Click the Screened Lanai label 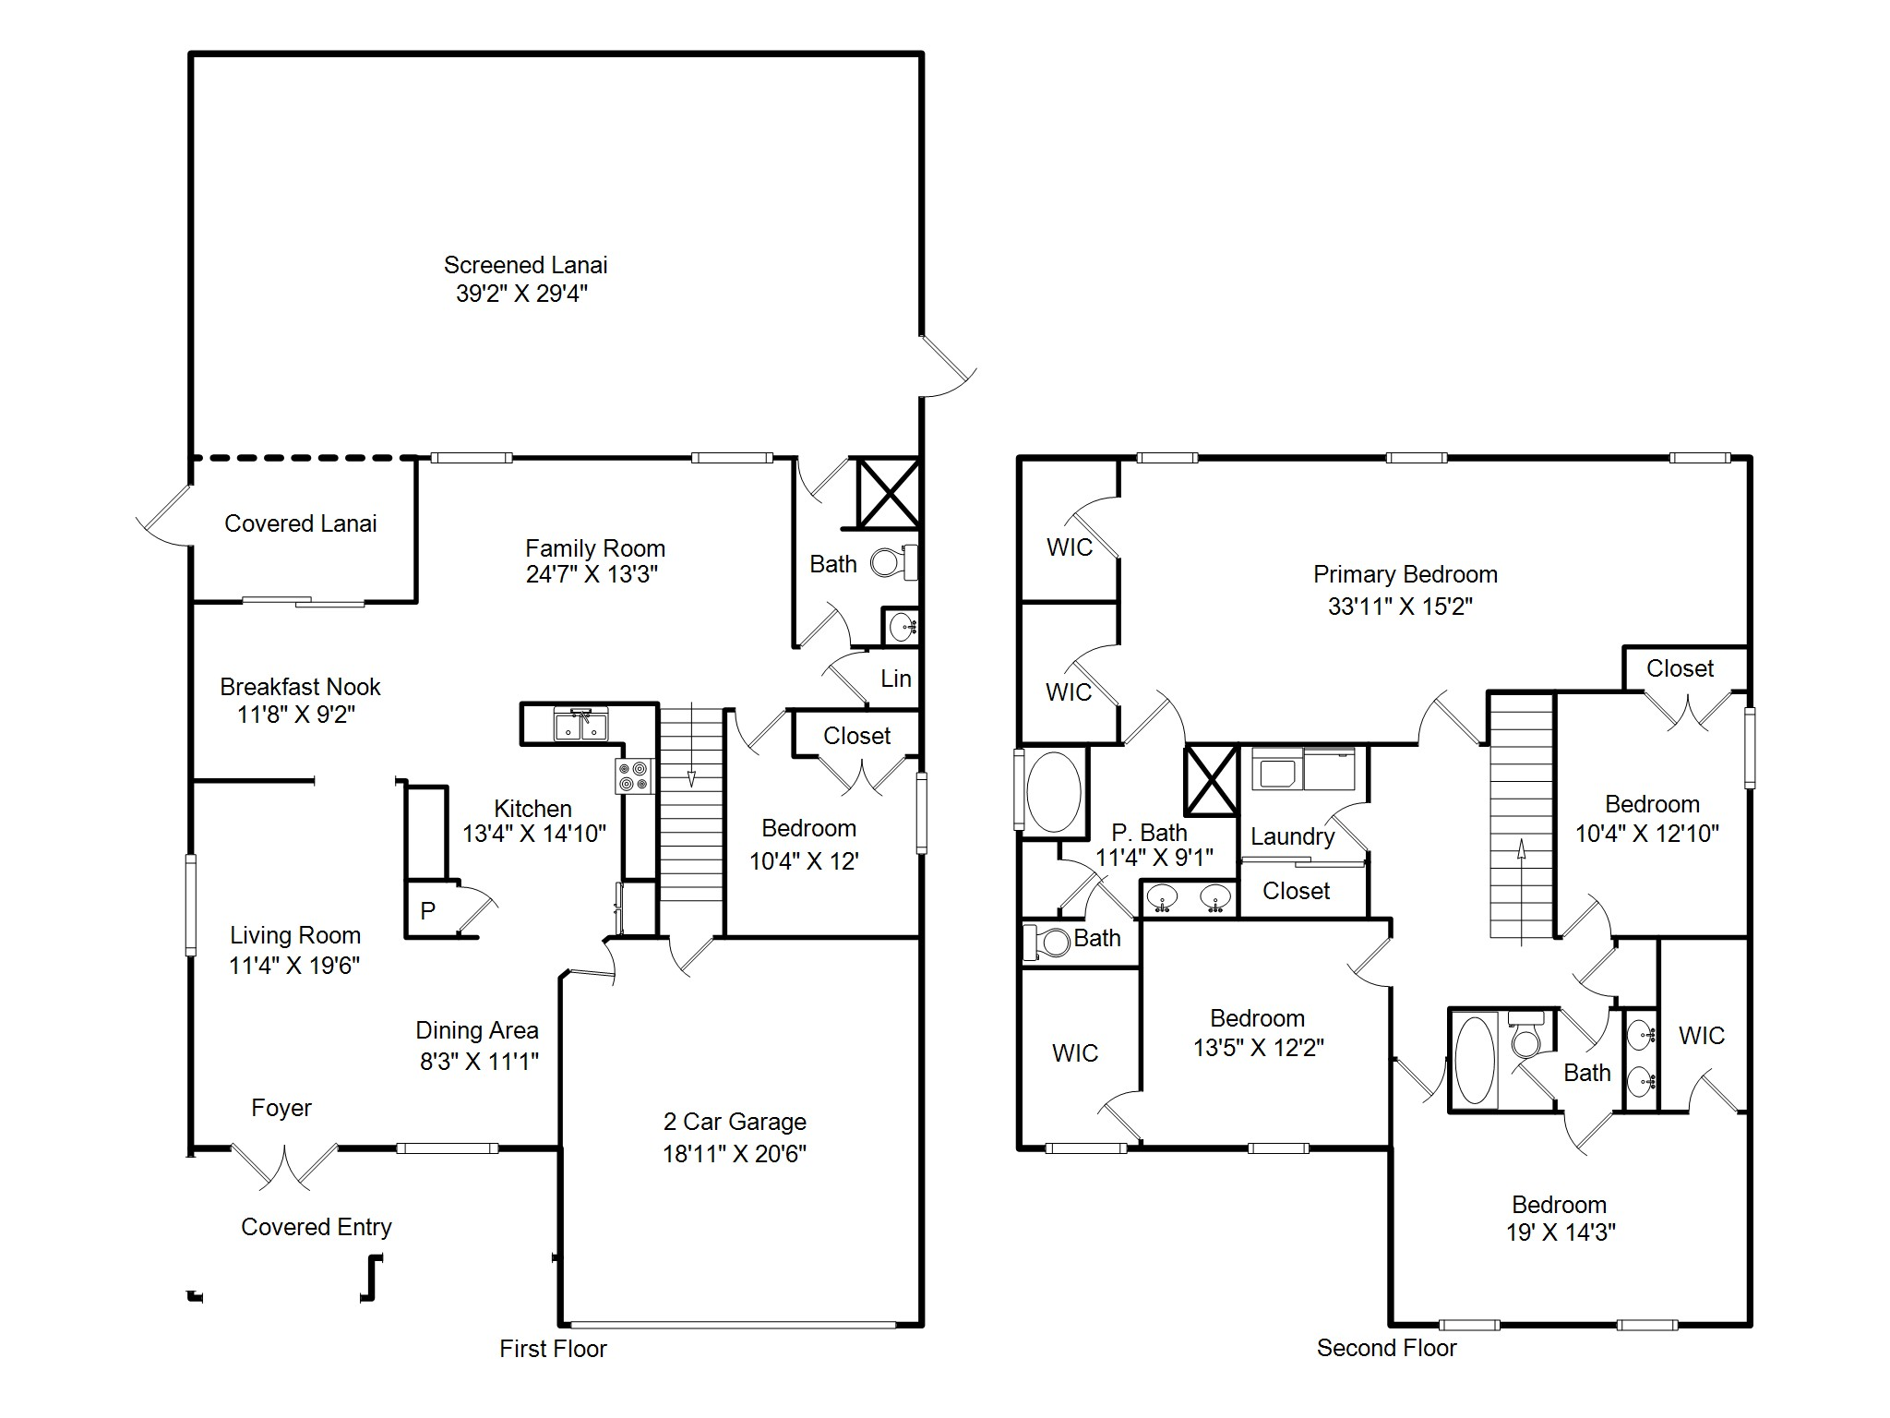point(525,266)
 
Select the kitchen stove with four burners point(635,775)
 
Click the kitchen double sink point(580,724)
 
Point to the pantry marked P point(427,911)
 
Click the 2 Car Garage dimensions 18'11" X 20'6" point(735,1154)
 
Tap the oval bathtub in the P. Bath point(1053,792)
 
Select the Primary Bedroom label point(1405,574)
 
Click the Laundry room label point(1292,836)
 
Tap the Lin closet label point(895,679)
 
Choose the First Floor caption point(553,1349)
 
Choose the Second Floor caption point(1386,1348)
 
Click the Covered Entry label point(317,1227)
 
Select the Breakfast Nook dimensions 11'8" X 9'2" point(296,715)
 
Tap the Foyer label point(281,1108)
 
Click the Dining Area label point(477,1030)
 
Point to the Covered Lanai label point(301,523)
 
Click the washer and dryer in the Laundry point(1303,769)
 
